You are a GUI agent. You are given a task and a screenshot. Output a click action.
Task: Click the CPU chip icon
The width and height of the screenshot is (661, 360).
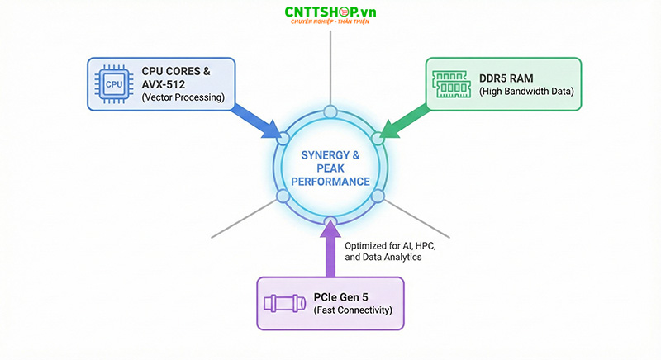coord(113,83)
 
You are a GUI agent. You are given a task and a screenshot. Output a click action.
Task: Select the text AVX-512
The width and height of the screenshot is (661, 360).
coord(164,84)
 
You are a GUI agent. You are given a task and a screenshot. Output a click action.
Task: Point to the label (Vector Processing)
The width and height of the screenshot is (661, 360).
coord(183,97)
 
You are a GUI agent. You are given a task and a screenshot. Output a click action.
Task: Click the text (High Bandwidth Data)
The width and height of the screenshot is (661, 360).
coord(526,91)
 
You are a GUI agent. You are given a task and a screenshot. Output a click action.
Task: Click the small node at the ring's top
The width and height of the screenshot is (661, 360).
coord(330,111)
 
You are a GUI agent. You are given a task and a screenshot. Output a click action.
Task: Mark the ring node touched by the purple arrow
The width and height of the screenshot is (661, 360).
coord(330,220)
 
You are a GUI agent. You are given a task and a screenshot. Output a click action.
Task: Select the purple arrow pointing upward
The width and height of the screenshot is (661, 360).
coord(330,252)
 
